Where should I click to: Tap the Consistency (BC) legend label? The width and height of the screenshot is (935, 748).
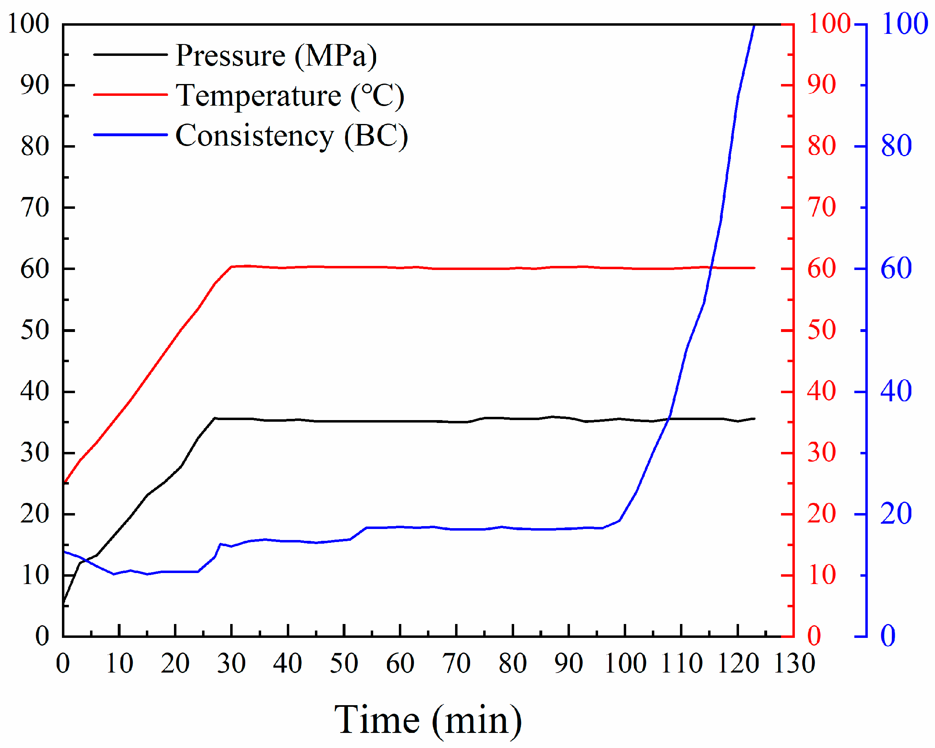291,136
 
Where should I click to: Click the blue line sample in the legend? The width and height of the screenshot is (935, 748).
130,135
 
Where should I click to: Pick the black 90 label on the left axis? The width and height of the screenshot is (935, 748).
35,85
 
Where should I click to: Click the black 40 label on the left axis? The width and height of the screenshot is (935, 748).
35,392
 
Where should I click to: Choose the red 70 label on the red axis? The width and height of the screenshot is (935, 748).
821,208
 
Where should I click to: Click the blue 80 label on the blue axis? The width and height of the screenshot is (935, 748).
896,146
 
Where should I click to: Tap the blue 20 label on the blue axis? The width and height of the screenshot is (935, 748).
896,514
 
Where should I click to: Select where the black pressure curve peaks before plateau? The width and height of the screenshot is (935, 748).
215,418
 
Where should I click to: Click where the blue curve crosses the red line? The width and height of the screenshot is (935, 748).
711,268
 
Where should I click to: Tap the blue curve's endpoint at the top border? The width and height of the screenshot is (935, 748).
755,25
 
